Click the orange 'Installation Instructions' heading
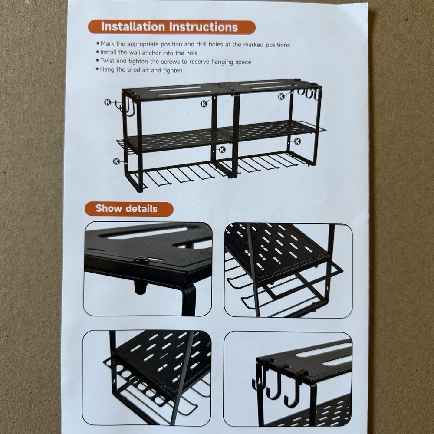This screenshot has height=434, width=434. pyautogui.click(x=170, y=27)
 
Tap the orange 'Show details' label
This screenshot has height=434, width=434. pyautogui.click(x=126, y=209)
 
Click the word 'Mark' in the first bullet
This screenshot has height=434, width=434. pyautogui.click(x=108, y=44)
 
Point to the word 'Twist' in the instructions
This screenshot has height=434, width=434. pyautogui.click(x=108, y=62)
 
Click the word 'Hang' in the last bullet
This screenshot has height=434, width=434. pyautogui.click(x=108, y=70)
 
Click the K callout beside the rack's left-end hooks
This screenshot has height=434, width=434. pyautogui.click(x=107, y=102)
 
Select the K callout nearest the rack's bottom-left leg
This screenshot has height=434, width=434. pyautogui.click(x=116, y=161)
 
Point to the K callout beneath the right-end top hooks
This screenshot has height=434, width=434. pyautogui.click(x=281, y=96)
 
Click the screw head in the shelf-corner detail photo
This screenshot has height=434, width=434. pyautogui.click(x=140, y=260)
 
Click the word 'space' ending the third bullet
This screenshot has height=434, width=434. pyautogui.click(x=243, y=62)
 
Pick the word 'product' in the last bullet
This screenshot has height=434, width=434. pyautogui.click(x=138, y=70)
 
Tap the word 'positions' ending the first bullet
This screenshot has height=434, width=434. pyautogui.click(x=276, y=44)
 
